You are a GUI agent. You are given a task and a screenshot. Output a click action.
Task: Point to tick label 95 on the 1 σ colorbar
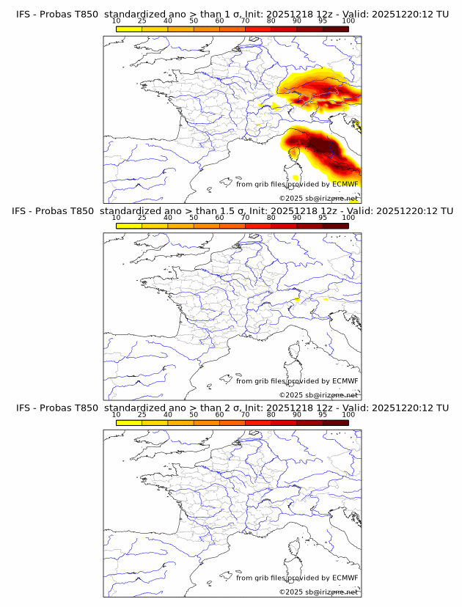[x=323, y=21]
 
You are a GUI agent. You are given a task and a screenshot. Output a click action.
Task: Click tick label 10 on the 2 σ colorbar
[x=116, y=415]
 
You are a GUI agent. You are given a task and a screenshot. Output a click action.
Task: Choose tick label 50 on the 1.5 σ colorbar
[x=194, y=218]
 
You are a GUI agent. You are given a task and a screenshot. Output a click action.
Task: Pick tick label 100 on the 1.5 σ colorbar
[x=348, y=218]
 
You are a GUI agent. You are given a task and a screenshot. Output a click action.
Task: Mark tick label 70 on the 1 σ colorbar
[x=245, y=21]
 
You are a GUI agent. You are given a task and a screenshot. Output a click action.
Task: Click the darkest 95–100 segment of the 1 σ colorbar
[x=336, y=29]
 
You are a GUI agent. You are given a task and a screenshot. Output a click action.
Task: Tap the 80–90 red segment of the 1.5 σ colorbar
[x=284, y=226]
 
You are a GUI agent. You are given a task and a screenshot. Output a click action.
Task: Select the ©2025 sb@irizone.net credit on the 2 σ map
[x=318, y=592]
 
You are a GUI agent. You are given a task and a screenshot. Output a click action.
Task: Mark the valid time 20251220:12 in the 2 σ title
[x=402, y=408]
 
